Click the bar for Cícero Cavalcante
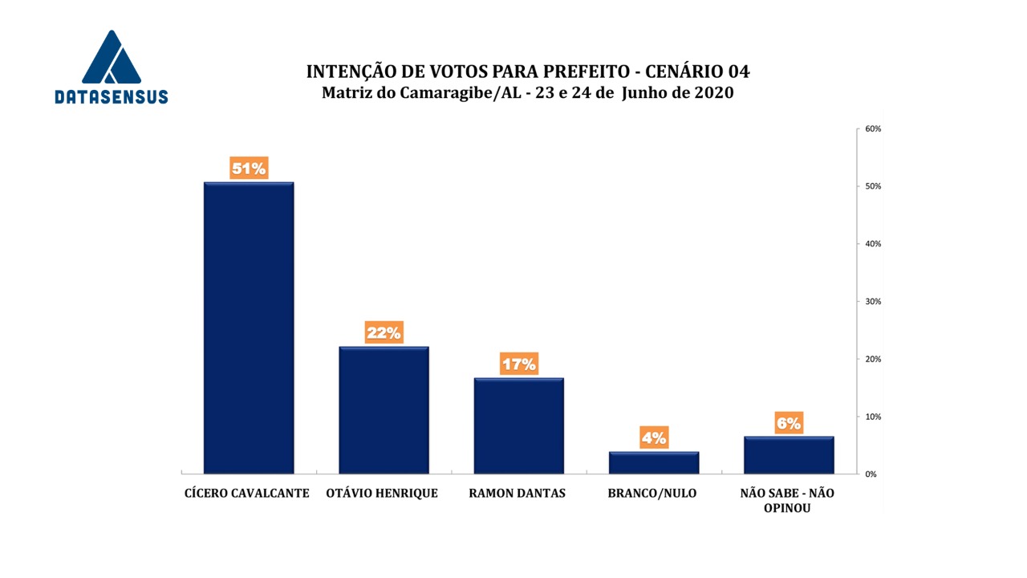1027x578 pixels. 249,328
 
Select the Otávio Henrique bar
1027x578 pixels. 384,409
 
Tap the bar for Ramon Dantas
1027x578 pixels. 518,425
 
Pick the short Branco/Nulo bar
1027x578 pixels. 653,462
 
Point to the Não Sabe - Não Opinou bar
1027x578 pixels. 789,454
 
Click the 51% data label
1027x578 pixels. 249,169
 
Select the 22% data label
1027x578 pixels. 384,332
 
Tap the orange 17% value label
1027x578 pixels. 518,364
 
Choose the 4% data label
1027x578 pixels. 653,438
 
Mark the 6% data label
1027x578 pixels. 789,423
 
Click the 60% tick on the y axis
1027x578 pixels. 873,129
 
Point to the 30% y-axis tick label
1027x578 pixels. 873,302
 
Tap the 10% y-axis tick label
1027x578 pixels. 873,417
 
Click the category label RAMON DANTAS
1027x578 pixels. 517,494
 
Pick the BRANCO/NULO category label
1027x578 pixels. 653,494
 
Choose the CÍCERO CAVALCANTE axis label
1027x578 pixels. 247,494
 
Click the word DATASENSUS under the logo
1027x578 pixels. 112,97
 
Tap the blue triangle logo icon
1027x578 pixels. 112,59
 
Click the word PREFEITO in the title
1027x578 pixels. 571,71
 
